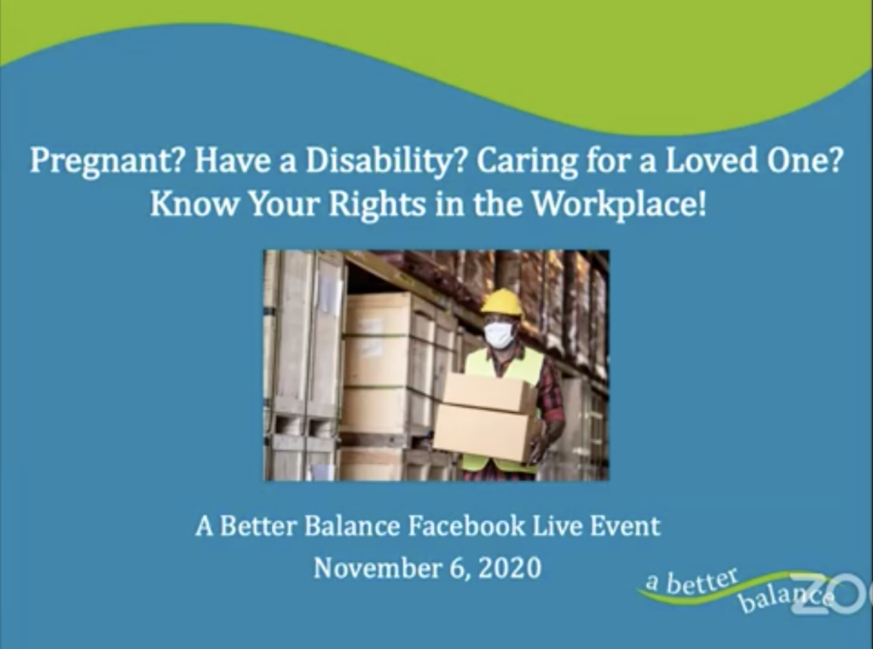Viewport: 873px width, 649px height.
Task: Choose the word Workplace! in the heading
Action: point(619,206)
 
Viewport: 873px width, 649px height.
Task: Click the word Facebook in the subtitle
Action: point(465,526)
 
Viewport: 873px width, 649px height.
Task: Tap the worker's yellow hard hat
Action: point(502,302)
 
